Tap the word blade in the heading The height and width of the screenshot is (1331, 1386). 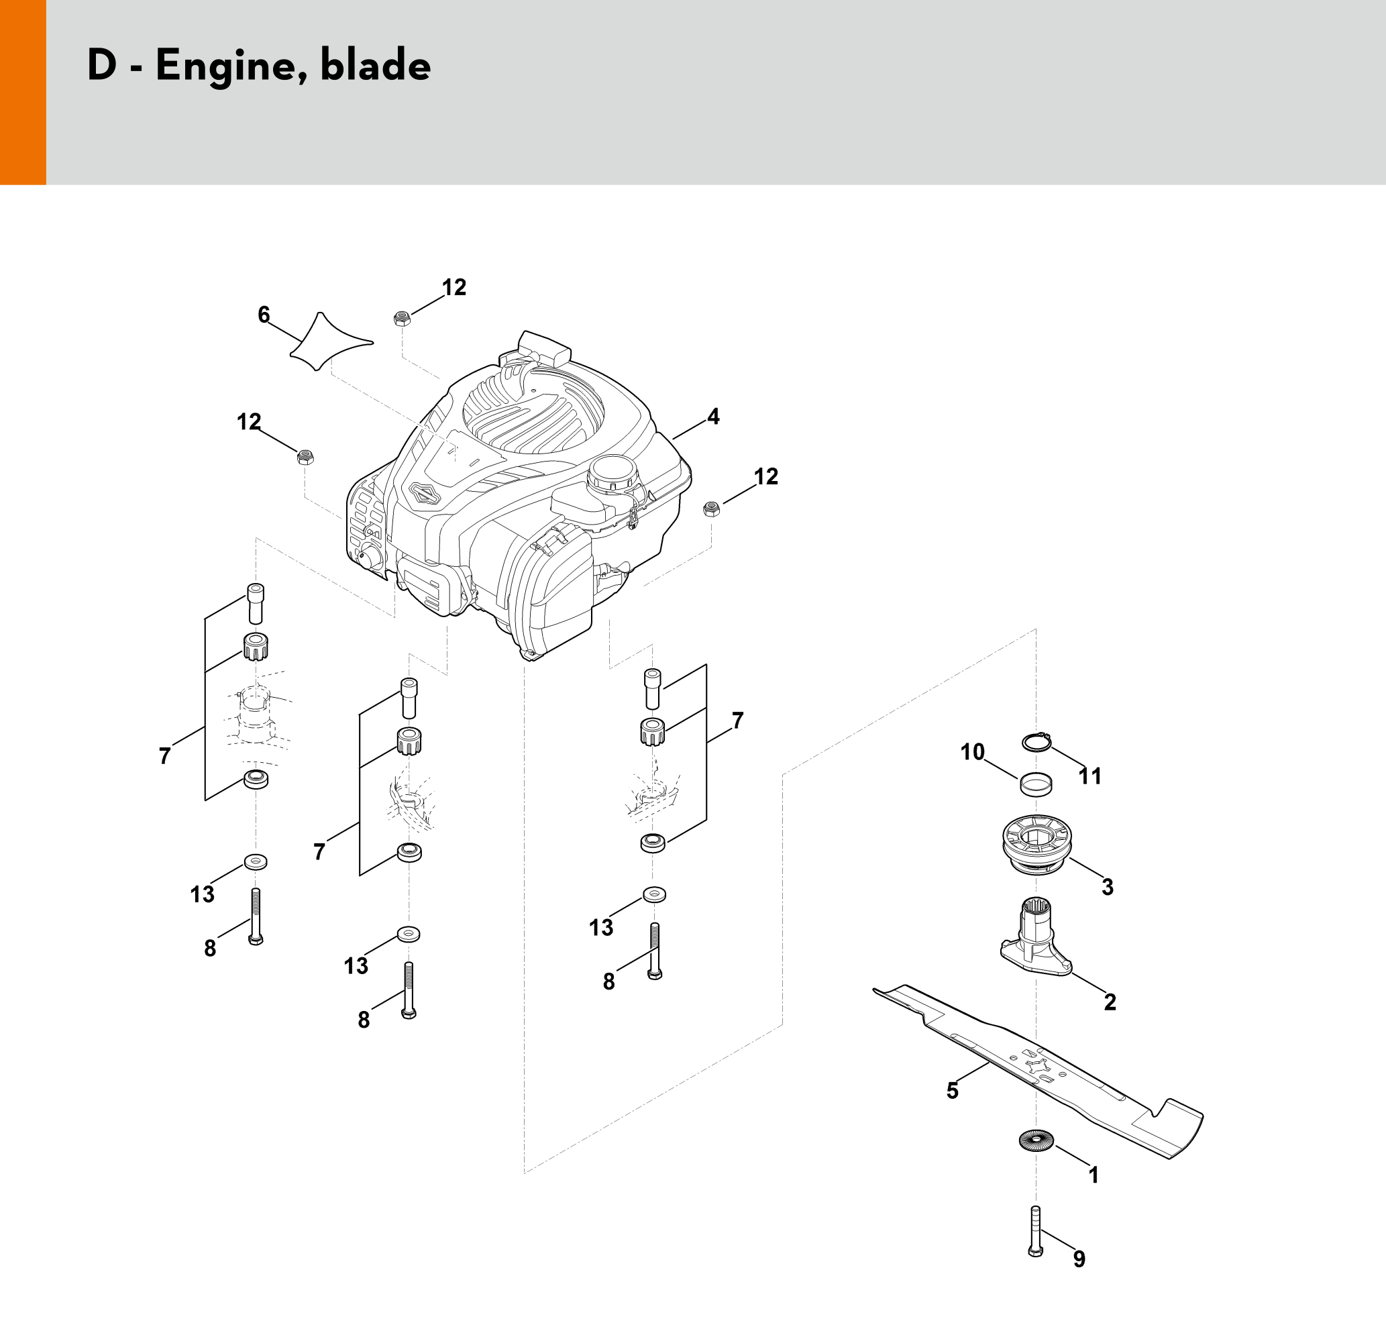point(376,65)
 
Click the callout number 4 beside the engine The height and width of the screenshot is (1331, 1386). point(713,417)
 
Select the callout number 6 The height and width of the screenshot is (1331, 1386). point(264,315)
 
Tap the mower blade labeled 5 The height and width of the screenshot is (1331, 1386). point(1037,1071)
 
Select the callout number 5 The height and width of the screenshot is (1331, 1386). point(953,1091)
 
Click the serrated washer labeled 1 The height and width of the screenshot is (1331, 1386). point(1036,1140)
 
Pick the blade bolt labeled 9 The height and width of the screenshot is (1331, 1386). point(1035,1230)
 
